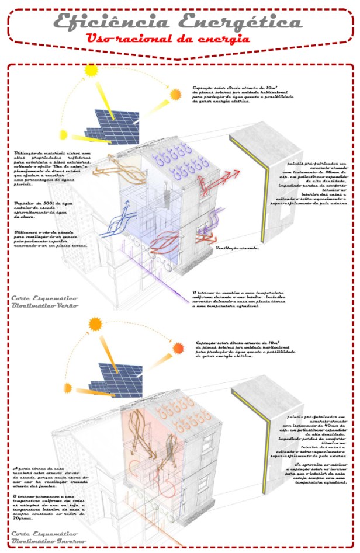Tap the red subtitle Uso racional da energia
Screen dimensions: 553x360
[x=167, y=40]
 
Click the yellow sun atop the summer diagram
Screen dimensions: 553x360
[x=91, y=71]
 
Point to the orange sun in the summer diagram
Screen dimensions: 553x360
[x=175, y=94]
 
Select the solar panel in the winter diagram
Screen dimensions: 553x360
[x=116, y=380]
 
